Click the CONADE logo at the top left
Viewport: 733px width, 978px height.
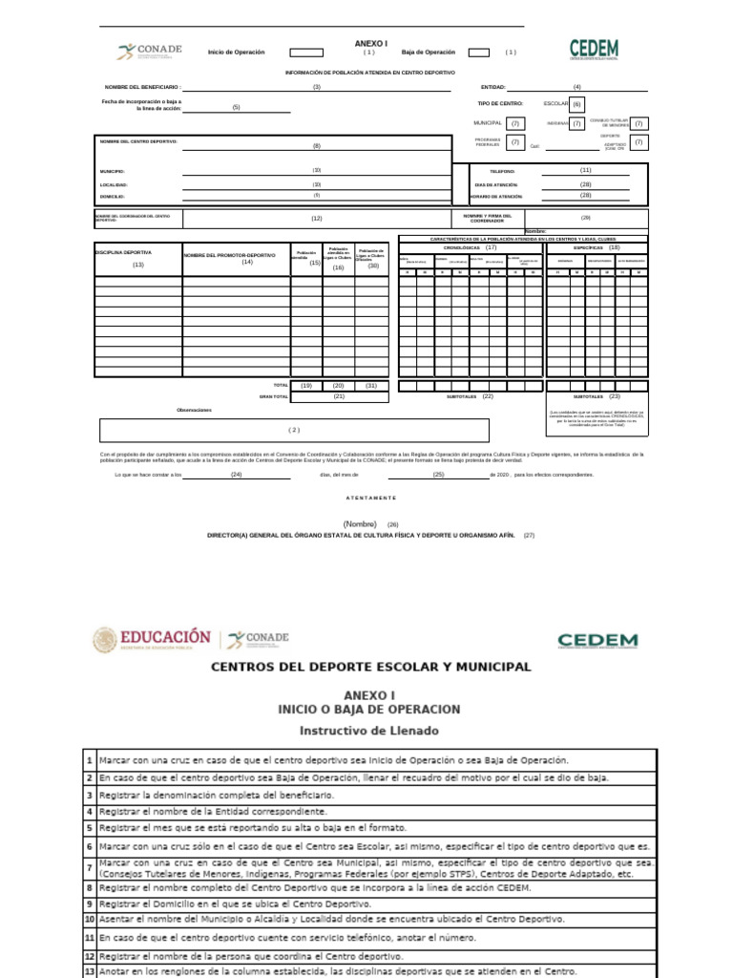click(x=149, y=52)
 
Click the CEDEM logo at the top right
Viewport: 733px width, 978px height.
click(x=594, y=50)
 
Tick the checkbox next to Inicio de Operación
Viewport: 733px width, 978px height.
click(x=306, y=53)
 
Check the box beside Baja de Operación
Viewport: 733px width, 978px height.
click(x=479, y=53)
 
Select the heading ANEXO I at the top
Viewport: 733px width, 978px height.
click(x=371, y=43)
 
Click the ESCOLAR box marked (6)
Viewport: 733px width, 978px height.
click(x=577, y=104)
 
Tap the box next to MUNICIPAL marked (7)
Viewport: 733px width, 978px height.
click(x=515, y=123)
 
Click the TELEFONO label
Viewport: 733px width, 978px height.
click(x=501, y=171)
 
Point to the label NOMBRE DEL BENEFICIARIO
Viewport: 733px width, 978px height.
click(x=143, y=87)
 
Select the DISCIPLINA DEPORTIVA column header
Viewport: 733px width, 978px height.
click(x=123, y=252)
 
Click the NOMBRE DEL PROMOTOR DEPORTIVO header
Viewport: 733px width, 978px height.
click(x=229, y=256)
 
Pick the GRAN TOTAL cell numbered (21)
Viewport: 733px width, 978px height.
click(x=339, y=395)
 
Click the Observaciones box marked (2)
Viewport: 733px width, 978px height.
click(x=294, y=430)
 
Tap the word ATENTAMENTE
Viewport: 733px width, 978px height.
click(x=370, y=499)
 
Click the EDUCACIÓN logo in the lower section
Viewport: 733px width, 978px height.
click(x=151, y=638)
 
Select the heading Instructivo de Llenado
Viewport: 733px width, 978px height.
click(x=369, y=730)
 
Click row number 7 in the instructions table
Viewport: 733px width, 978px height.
click(x=89, y=868)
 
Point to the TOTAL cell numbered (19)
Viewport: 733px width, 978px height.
click(x=306, y=385)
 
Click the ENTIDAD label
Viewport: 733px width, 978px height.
click(x=493, y=87)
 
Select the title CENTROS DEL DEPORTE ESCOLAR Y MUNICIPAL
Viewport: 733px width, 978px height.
click(x=370, y=666)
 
